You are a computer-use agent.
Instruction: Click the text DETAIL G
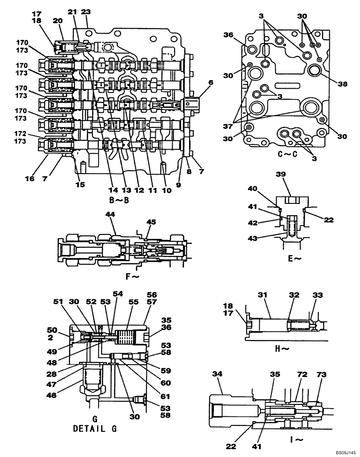tap(95, 429)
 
